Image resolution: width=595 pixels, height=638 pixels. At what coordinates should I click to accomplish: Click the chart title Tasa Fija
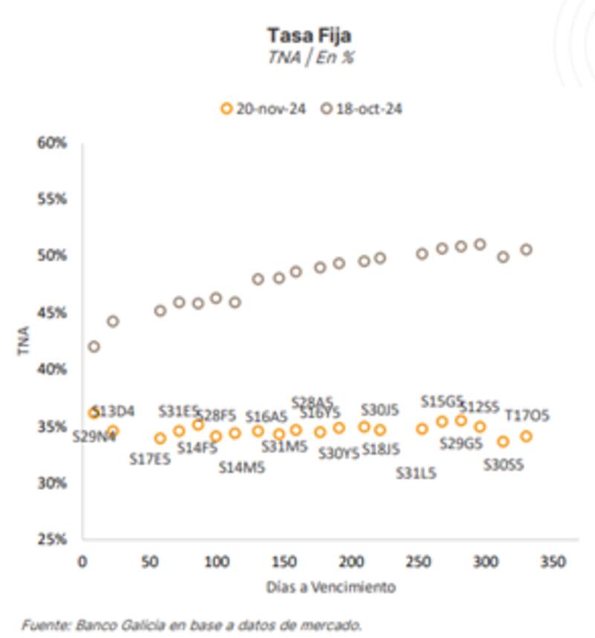coord(310,35)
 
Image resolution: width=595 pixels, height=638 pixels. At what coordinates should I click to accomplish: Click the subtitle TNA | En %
coord(310,58)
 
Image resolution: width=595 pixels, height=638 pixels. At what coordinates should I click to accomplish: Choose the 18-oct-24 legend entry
coord(362,109)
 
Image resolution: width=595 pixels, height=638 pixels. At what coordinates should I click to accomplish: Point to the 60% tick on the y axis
coord(52,142)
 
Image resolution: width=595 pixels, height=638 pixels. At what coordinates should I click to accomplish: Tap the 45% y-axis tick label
coord(52,313)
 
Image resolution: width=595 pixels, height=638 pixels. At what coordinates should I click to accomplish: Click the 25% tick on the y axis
coord(52,539)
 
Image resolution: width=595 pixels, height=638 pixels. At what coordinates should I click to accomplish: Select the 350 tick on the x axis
coord(551,561)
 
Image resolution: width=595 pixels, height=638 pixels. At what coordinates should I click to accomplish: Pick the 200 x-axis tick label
coord(350,561)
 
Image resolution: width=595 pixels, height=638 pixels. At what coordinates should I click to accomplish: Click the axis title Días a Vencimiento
coord(331,587)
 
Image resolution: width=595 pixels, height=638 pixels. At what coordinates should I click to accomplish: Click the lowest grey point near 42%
coord(94,346)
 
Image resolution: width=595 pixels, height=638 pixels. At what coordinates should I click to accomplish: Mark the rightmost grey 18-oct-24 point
coord(526,249)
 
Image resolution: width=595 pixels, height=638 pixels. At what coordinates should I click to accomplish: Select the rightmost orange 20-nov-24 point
coord(526,436)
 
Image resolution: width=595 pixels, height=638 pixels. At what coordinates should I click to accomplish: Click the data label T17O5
coord(527,416)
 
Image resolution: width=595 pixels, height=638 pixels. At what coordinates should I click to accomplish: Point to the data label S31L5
coord(416,473)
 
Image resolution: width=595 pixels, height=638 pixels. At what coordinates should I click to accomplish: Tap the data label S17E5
coord(149,459)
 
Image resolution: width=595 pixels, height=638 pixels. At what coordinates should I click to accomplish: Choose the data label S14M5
coord(242,468)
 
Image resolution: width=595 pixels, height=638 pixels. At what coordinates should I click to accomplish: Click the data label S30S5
coord(504,465)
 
